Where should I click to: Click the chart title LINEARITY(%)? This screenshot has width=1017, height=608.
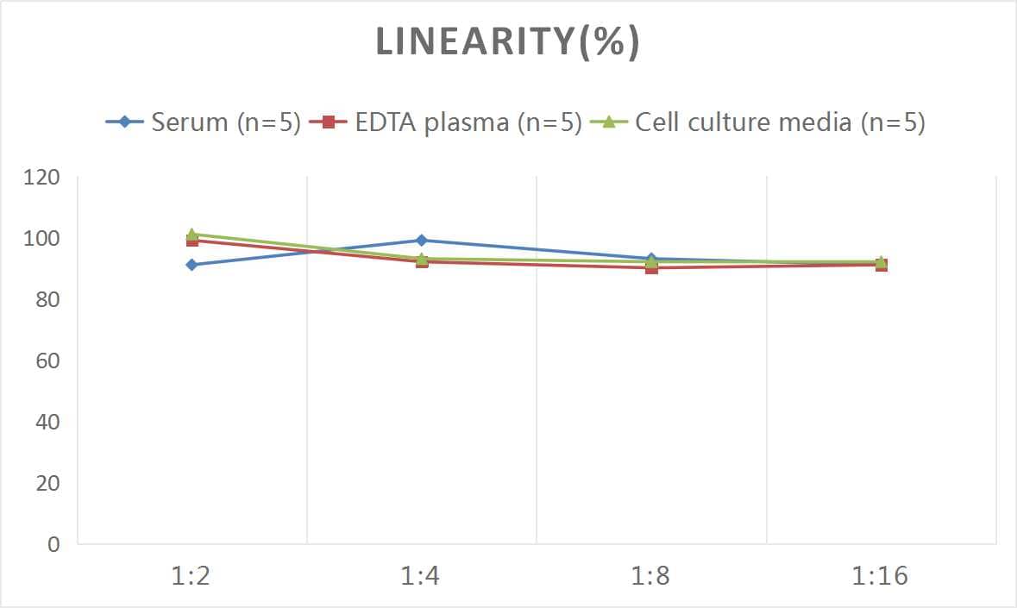(x=507, y=42)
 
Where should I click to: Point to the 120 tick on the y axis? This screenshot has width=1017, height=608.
(x=42, y=178)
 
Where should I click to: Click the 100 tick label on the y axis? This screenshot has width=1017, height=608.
(x=42, y=239)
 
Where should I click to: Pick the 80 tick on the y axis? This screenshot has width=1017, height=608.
(x=47, y=300)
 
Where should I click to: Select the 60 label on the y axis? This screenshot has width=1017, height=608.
(x=47, y=360)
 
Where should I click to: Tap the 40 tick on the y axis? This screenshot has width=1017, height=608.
(x=47, y=422)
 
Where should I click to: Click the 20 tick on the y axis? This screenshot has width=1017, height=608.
(x=47, y=483)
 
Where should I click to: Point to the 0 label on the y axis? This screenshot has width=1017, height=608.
(x=53, y=544)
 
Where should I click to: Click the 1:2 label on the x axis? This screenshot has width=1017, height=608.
(x=191, y=576)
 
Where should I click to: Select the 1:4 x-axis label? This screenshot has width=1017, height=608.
(x=421, y=576)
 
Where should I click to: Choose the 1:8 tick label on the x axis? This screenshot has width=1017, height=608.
(x=651, y=576)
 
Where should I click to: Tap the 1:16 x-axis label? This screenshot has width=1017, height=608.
(x=881, y=576)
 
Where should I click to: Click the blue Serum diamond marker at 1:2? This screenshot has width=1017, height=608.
(x=191, y=265)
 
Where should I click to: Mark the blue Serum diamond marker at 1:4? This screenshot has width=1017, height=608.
(x=421, y=241)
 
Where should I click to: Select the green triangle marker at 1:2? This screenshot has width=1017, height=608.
(x=191, y=234)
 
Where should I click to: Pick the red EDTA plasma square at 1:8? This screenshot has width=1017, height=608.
(x=651, y=268)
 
